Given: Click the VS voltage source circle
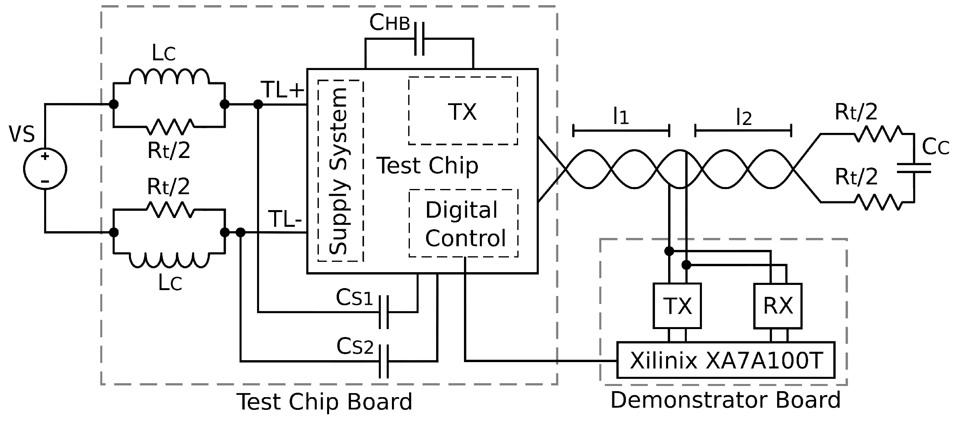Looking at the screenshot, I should point(45,169).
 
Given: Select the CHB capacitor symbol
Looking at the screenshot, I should point(419,39).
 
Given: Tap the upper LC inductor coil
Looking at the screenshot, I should point(169,76).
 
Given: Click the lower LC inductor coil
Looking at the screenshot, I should point(169,260).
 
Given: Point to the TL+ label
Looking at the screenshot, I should point(282,90).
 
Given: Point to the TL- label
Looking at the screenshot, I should point(285,219).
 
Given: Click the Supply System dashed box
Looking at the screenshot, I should point(341,171).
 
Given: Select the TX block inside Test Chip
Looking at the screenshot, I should point(463,111).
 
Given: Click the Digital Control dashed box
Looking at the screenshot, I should point(464,223).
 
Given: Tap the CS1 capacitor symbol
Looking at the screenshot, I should point(384,312).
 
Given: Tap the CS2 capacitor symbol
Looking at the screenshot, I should point(384,361).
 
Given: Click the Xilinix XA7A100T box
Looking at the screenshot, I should point(726,360).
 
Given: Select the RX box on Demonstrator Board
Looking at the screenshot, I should point(778,306).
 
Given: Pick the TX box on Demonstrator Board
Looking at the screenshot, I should point(677,306).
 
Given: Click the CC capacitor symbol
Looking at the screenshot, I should point(914,168).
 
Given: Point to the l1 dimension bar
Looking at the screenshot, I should point(621,131).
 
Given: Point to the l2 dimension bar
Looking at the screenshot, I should point(743,131).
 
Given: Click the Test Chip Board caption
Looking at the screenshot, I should point(324,402).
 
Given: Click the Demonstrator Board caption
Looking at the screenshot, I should point(725,400).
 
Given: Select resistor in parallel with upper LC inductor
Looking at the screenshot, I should point(170,127).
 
